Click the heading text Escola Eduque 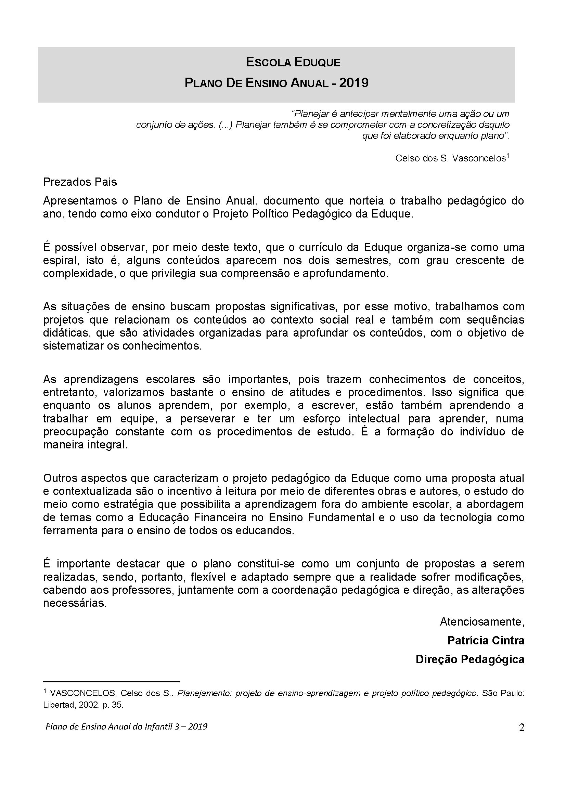[x=293, y=62]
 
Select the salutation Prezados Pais [x=80, y=182]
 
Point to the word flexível [x=207, y=577]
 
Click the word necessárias [x=75, y=603]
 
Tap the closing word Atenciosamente [x=482, y=621]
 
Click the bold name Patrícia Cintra [x=486, y=640]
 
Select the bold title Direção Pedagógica [x=470, y=659]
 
